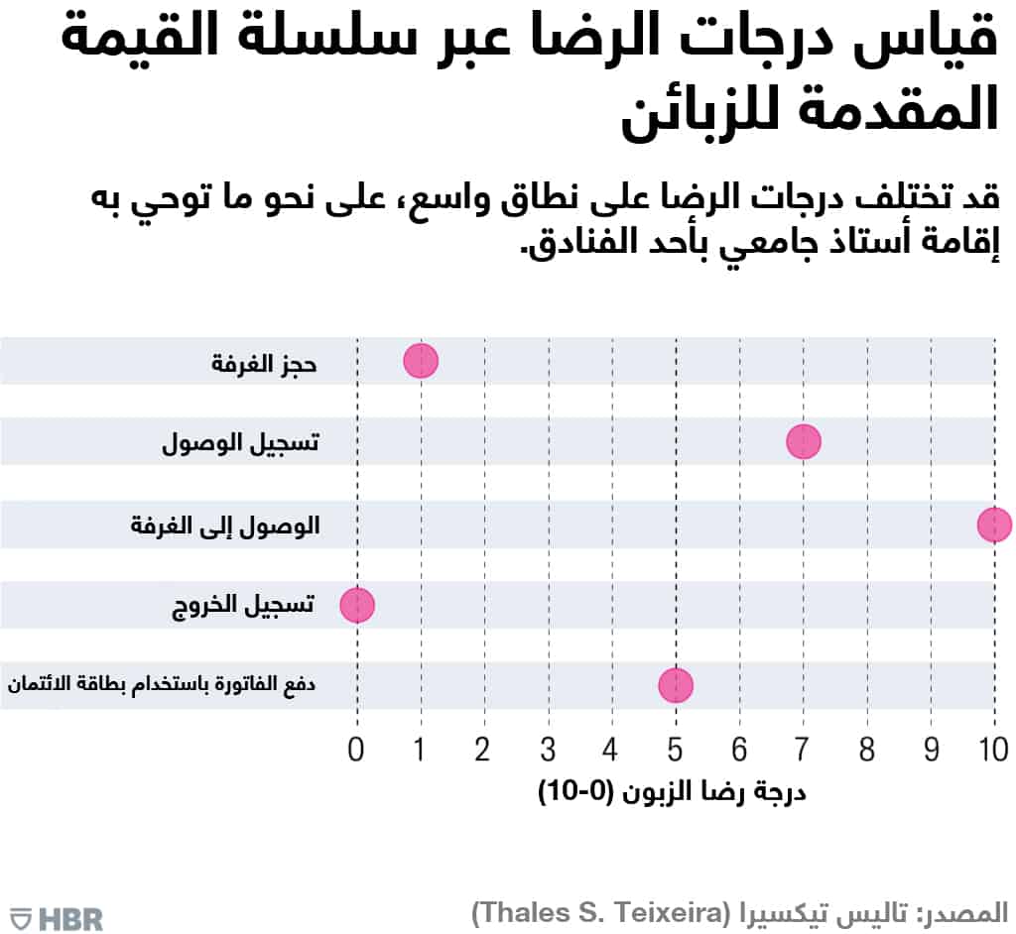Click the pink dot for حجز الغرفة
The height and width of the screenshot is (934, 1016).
(x=421, y=361)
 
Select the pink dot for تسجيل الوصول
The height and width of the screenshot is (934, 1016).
(x=804, y=441)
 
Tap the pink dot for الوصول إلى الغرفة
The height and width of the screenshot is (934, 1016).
(x=994, y=525)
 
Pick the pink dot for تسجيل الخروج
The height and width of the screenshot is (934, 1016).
(x=357, y=604)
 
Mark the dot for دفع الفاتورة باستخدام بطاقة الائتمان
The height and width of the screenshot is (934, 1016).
(x=676, y=685)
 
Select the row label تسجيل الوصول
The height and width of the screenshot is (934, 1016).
(x=241, y=443)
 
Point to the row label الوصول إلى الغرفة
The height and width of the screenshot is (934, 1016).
(x=225, y=525)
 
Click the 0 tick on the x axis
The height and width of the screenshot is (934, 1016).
(x=357, y=750)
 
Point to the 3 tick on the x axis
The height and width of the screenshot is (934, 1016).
(x=548, y=750)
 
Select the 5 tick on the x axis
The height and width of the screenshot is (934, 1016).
(x=676, y=750)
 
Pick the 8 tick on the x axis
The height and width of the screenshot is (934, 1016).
(x=867, y=750)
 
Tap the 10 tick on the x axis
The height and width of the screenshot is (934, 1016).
(x=994, y=750)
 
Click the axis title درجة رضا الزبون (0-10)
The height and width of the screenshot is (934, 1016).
(x=672, y=792)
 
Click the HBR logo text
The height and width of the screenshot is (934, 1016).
(x=70, y=918)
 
